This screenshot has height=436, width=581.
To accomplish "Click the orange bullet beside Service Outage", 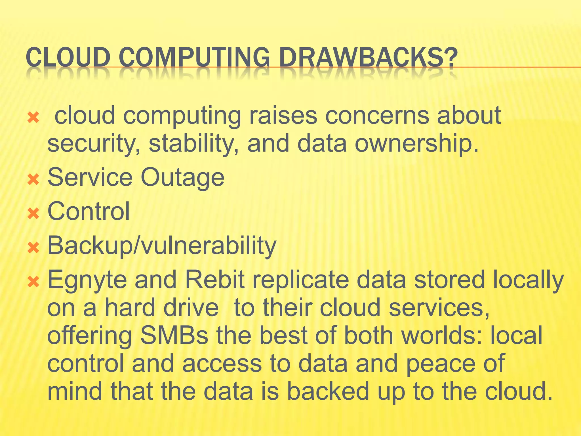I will pyautogui.click(x=33, y=179).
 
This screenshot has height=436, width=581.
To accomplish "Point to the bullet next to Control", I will pyautogui.click(x=33, y=213).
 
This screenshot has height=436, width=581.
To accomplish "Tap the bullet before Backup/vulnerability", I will pyautogui.click(x=33, y=248).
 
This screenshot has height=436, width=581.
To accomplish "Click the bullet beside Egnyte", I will pyautogui.click(x=33, y=282).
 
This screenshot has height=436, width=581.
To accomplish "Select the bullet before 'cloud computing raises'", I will pyautogui.click(x=33, y=117).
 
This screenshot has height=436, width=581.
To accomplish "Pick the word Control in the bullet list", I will pyautogui.click(x=89, y=211).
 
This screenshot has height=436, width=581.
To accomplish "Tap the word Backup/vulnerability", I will pyautogui.click(x=162, y=246).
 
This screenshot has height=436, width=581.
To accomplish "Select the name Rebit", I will pyautogui.click(x=215, y=280).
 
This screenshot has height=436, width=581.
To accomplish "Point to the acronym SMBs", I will pyautogui.click(x=174, y=336).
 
